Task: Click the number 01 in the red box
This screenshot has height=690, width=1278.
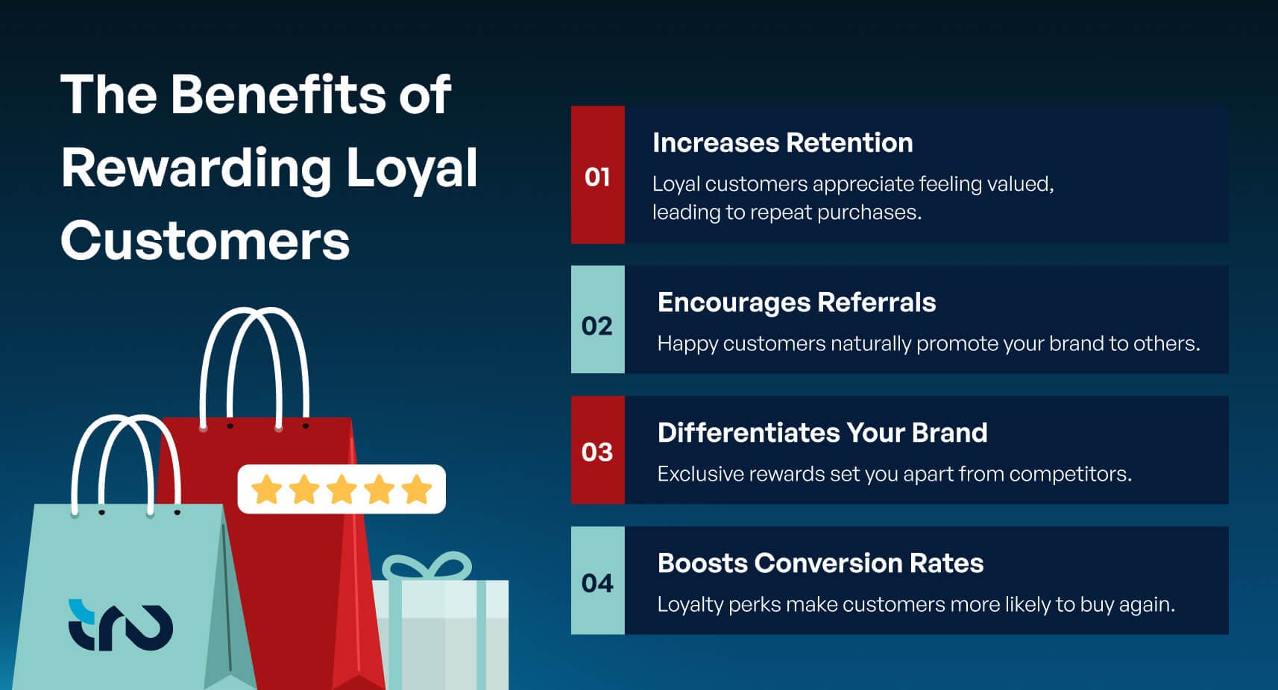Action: pos(596,177)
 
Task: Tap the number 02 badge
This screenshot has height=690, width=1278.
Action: pos(596,326)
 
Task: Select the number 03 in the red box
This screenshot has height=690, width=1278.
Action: pos(596,452)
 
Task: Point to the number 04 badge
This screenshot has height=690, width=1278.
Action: pos(596,583)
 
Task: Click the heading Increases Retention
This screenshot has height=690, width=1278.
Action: pos(783,142)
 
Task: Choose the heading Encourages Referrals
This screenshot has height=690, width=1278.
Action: pos(796,303)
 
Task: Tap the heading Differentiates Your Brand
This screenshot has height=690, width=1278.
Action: pos(822,433)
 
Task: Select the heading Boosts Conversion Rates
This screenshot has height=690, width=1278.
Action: pos(820,563)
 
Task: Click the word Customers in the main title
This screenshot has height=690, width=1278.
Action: pos(205,241)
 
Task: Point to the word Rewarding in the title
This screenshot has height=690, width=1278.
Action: pos(196,169)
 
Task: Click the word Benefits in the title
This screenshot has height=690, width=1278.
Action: pos(278,95)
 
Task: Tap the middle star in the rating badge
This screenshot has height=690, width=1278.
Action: pos(341,490)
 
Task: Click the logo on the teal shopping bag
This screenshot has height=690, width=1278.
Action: pos(120,625)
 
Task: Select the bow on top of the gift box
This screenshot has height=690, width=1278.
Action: pos(426,566)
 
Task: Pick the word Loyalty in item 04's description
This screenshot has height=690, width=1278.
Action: pos(690,605)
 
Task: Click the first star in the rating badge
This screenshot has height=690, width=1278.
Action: pos(266,490)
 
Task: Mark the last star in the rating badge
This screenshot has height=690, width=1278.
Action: pos(417,490)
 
